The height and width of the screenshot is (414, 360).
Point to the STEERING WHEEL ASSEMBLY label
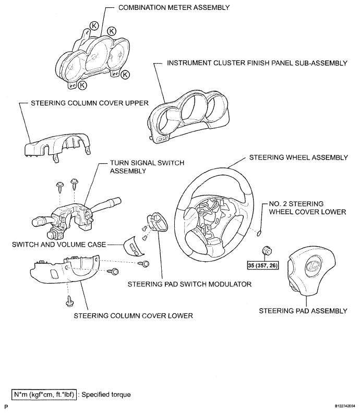[x=298, y=157]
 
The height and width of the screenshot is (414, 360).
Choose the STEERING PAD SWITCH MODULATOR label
[x=189, y=285]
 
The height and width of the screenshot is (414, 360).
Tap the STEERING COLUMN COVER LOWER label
[x=134, y=315]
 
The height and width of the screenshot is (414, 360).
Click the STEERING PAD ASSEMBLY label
[x=303, y=311]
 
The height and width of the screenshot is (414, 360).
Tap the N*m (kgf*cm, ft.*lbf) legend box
[x=45, y=395]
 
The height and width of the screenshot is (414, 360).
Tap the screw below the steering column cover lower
[x=68, y=301]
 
